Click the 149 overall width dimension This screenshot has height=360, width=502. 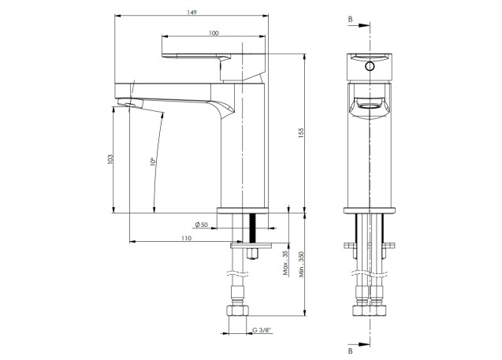[192, 12]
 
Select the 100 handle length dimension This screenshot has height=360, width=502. [214, 32]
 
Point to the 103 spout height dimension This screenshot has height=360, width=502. [110, 160]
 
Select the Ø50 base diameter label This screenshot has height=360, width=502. [201, 225]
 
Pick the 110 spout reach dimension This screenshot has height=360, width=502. [186, 237]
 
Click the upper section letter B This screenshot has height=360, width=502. [350, 17]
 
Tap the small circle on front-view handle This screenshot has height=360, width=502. [367, 67]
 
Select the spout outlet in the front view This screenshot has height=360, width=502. [368, 102]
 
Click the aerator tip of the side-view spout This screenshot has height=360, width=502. [125, 103]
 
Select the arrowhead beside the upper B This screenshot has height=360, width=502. [365, 24]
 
